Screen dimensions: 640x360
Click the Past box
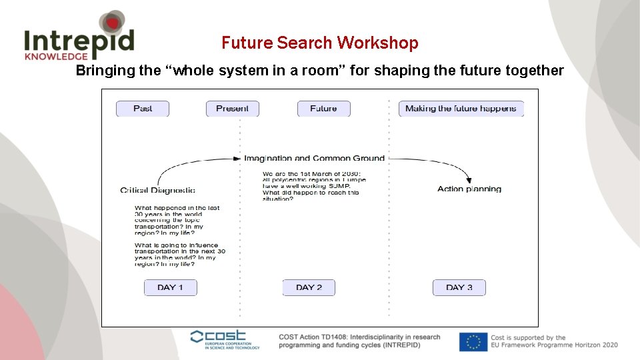click(x=143, y=109)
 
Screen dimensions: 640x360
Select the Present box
click(x=232, y=109)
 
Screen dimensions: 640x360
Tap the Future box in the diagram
click(x=323, y=109)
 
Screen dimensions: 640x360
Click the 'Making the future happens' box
click(x=461, y=109)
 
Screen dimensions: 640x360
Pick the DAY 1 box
click(x=171, y=287)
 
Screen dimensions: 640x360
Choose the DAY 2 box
click(x=309, y=287)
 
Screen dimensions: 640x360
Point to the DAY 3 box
click(x=459, y=287)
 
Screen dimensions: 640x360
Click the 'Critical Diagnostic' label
click(x=157, y=190)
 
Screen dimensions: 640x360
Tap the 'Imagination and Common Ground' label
click(x=314, y=158)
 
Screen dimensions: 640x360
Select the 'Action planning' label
click(x=469, y=189)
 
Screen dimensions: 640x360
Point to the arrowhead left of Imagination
click(x=237, y=159)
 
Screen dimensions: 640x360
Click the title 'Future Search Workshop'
click(x=320, y=43)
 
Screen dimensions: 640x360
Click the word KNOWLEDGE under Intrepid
click(x=56, y=57)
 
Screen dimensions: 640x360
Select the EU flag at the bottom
click(x=473, y=341)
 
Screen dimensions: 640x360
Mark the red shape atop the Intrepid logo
click(x=113, y=23)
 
